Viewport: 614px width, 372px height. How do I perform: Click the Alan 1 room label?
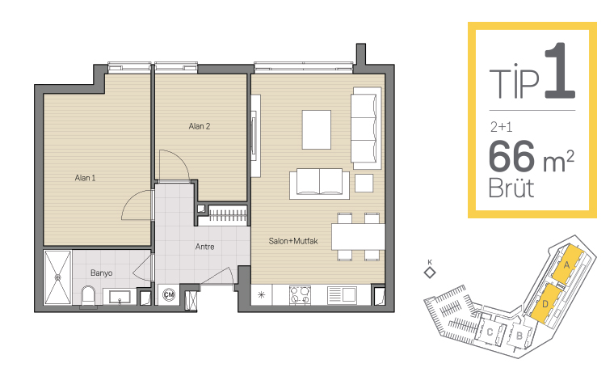tap(85, 178)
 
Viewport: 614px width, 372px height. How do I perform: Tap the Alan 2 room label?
tap(200, 126)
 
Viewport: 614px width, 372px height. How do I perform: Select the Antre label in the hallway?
tap(204, 247)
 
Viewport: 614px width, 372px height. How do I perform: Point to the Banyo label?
tap(102, 273)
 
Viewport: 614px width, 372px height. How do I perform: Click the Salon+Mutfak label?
tap(293, 241)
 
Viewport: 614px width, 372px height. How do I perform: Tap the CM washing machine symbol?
tap(169, 294)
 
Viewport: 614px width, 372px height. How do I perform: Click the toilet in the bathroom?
tap(88, 296)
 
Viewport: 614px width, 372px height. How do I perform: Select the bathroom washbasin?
tap(120, 297)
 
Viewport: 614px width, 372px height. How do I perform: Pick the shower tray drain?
tap(58, 277)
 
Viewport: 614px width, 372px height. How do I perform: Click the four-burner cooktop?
tap(300, 295)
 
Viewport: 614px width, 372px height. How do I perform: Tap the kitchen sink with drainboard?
tap(342, 295)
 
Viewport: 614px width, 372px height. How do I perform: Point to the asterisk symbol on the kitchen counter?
tap(261, 295)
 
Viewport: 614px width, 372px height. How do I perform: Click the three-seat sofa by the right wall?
tap(366, 129)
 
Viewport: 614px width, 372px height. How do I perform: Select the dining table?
tap(358, 237)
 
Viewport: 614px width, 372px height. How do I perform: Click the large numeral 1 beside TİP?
tap(560, 70)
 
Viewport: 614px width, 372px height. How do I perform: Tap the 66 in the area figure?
tap(511, 156)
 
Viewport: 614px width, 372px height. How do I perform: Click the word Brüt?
tap(511, 188)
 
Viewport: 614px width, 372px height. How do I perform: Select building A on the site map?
tap(566, 265)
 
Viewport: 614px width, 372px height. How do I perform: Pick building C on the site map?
tap(490, 332)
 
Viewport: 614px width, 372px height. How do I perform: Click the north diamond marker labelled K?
tap(430, 273)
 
